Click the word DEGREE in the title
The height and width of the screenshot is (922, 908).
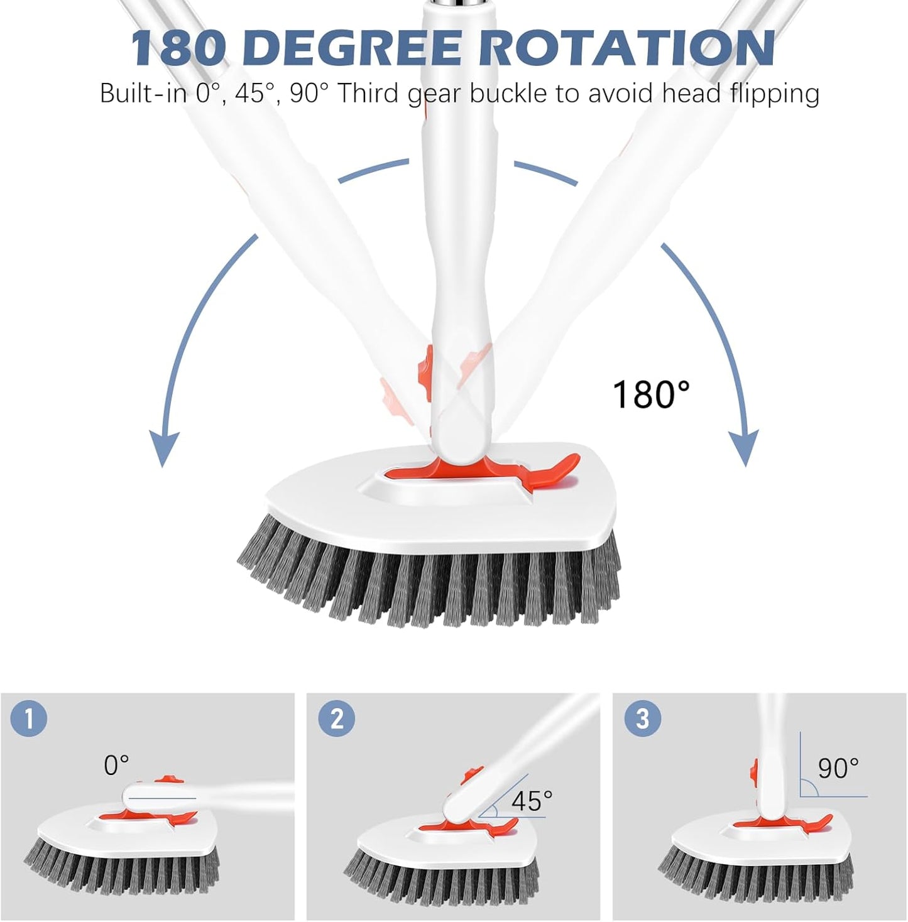pos(356,48)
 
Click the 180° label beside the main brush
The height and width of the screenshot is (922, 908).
pos(651,394)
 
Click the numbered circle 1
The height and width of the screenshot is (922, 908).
pos(28,719)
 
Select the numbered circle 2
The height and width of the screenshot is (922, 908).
pos(337,719)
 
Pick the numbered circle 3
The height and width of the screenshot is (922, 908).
pos(642,719)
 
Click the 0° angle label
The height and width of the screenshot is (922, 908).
pos(116,766)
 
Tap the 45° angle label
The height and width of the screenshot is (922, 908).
pos(532,801)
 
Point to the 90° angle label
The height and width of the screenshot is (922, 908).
pos(838,767)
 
